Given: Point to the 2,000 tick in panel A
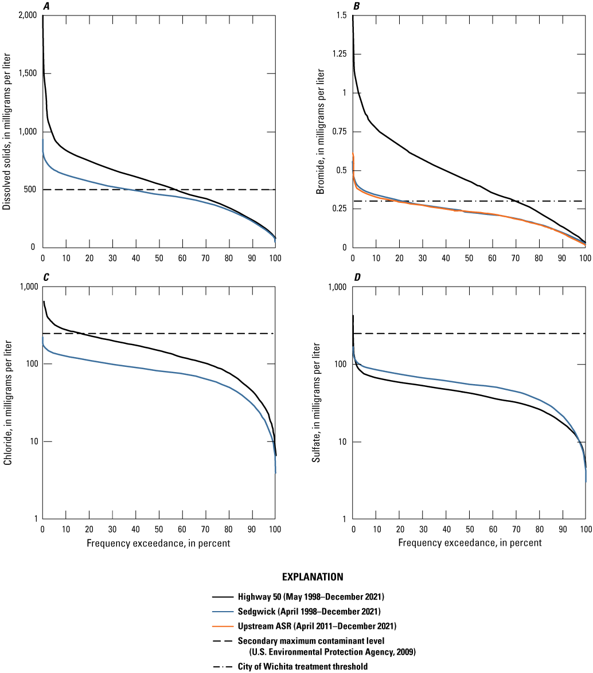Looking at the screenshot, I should [26, 15].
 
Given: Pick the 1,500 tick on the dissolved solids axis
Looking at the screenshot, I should [26, 73].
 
